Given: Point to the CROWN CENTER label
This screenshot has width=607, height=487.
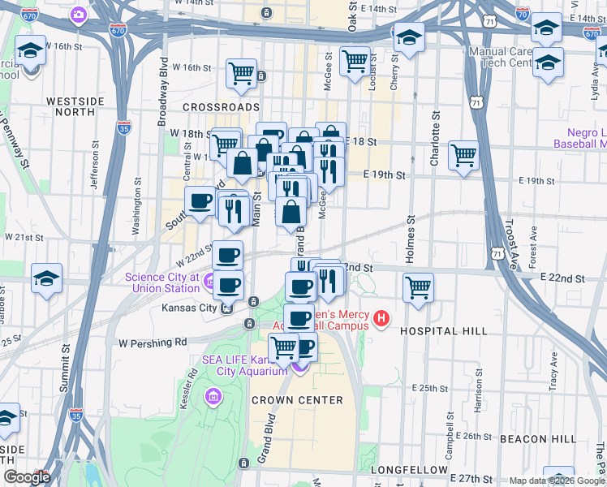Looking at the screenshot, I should pos(297,400).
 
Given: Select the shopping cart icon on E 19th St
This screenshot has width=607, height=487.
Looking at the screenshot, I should pos(463,154).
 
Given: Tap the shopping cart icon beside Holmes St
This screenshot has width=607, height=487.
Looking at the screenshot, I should pos(418,287).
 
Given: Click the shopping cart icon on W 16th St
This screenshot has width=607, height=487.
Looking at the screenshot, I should pos(242,74).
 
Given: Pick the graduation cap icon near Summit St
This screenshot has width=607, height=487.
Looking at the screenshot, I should pos(47,278).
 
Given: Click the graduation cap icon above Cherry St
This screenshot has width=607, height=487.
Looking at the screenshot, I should pos(408,37).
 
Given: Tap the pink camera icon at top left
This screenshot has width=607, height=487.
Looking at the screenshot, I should pos(79,14).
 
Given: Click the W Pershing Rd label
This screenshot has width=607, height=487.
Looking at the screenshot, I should pos(153,342).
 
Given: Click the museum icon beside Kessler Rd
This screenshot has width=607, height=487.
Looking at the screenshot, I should pos(213,397).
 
